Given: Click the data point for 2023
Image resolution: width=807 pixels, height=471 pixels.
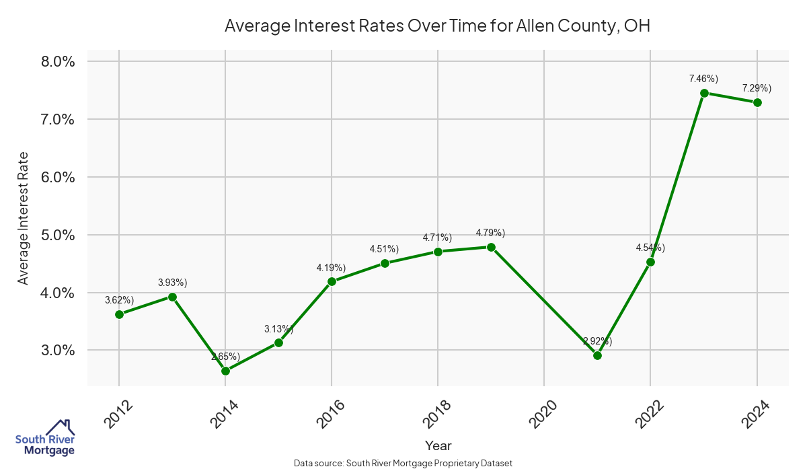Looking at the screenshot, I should pyautogui.click(x=704, y=93).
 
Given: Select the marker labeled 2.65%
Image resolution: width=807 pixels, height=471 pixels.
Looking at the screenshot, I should pyautogui.click(x=225, y=371).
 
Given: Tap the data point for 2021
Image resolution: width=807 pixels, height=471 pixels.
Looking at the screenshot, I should pyautogui.click(x=597, y=355).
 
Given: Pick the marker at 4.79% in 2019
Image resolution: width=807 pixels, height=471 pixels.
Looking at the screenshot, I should pyautogui.click(x=491, y=247).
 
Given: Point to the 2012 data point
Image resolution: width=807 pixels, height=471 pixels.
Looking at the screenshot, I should pyautogui.click(x=119, y=314).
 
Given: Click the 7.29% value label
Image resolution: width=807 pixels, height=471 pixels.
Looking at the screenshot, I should pyautogui.click(x=757, y=88).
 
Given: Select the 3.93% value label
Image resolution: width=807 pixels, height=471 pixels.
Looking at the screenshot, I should pyautogui.click(x=172, y=282).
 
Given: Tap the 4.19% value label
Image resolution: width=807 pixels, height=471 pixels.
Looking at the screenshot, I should pyautogui.click(x=332, y=268).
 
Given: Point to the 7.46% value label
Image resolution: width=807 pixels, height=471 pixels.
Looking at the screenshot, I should pyautogui.click(x=703, y=79).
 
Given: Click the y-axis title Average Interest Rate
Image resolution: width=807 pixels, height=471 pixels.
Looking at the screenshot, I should pyautogui.click(x=24, y=217).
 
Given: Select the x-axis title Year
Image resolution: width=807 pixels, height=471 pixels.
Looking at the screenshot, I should pyautogui.click(x=438, y=445).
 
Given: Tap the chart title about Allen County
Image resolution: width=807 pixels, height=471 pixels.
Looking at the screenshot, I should pyautogui.click(x=438, y=26).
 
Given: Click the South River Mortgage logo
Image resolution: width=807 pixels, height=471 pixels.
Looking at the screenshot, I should pyautogui.click(x=45, y=438).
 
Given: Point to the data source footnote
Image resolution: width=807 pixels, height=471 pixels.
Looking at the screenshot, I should pyautogui.click(x=403, y=463).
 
